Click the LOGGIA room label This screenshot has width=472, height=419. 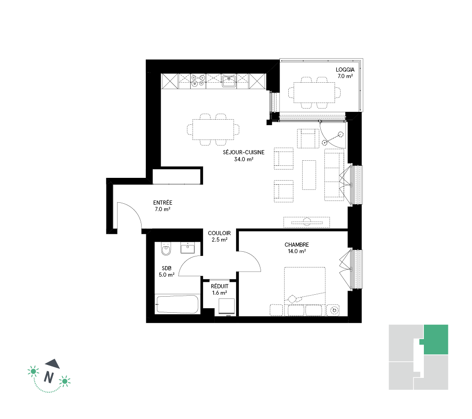click(x=345, y=70)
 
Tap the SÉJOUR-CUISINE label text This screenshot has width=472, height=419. click(x=243, y=152)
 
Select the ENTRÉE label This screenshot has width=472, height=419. click(x=162, y=203)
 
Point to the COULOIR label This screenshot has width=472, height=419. click(x=219, y=233)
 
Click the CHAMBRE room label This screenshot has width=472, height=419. click(x=297, y=245)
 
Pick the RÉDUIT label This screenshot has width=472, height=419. click(x=219, y=286)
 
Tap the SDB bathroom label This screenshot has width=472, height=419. click(x=167, y=268)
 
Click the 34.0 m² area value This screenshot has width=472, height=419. click(x=243, y=159)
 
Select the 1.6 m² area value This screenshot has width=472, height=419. click(x=219, y=293)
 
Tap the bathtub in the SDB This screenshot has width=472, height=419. click(x=177, y=304)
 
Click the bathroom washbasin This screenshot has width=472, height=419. click(x=187, y=248)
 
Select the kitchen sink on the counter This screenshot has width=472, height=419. click(x=229, y=81)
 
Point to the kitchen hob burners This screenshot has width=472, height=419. click(x=198, y=81)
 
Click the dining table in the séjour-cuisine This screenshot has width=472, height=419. click(x=213, y=129)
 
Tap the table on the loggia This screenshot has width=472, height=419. click(x=314, y=92)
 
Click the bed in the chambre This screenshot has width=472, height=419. click(x=304, y=291)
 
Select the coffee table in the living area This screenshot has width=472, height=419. click(x=309, y=175)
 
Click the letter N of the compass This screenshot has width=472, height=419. click(x=49, y=376)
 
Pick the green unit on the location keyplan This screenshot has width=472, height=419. click(x=435, y=340)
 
